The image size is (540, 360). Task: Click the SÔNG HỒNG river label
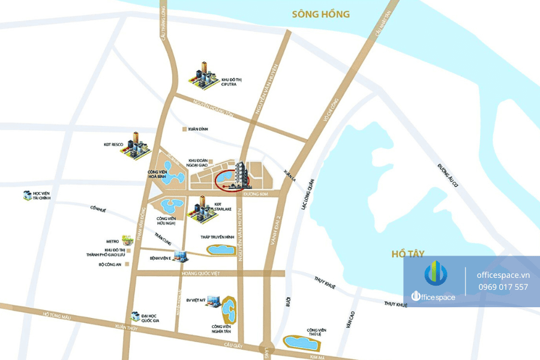click(x=320, y=14)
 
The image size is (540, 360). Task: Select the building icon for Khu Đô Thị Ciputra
click(x=203, y=76)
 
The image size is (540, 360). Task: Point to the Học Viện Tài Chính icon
click(x=26, y=194)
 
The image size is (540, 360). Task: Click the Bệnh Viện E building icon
click(x=182, y=257)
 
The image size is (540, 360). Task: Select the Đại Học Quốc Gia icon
click(x=136, y=316)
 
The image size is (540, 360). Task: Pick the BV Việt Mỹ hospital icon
click(x=213, y=302)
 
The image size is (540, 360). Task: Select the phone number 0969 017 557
click(x=502, y=287)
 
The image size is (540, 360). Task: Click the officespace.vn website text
click(x=503, y=274)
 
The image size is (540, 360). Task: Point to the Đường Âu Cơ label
click(x=447, y=175)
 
